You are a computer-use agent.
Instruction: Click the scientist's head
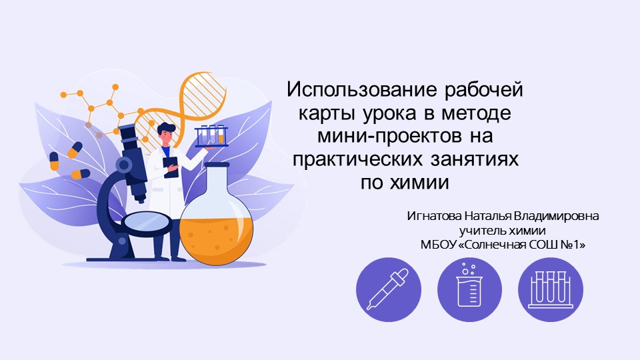point(166,130)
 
